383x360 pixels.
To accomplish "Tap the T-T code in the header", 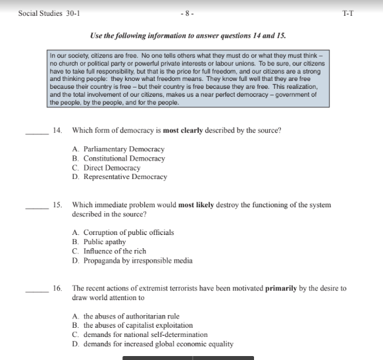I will pos(348,13).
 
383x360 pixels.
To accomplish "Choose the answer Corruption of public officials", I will pos(123,233).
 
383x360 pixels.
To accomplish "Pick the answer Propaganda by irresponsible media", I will pos(132,261).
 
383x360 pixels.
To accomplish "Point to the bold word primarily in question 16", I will pos(284,288).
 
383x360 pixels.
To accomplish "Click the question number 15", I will pos(58,205).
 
